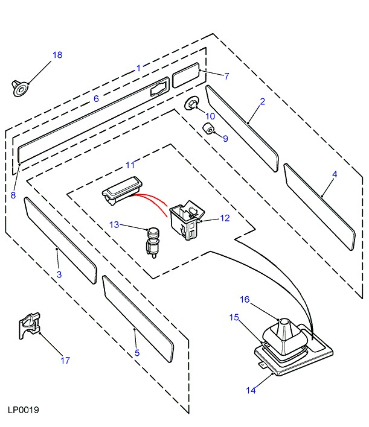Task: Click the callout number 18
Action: (57, 55)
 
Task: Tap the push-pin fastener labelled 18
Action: (20, 89)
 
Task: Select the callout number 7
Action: (226, 77)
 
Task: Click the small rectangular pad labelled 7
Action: (186, 76)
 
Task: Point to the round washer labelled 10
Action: (192, 104)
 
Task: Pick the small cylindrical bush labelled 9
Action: (208, 128)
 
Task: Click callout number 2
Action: (263, 102)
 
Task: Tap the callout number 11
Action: (131, 165)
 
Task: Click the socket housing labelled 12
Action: (185, 219)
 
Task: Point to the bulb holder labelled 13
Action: (152, 239)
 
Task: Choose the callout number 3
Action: (59, 275)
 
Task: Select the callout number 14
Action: (250, 390)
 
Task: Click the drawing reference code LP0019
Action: (24, 410)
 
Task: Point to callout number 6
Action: (95, 98)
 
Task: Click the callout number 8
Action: (13, 179)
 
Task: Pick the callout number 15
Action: (234, 317)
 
